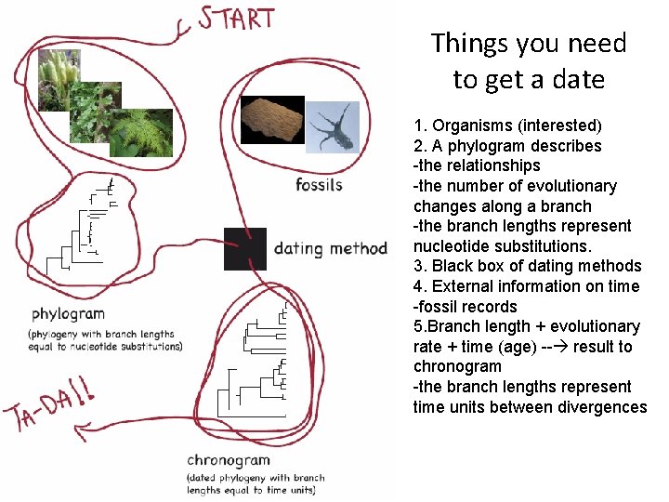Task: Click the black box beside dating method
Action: [x=244, y=248]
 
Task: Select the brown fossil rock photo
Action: [x=272, y=121]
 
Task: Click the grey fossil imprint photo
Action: [x=332, y=127]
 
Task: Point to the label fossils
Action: [x=319, y=184]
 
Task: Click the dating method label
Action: [x=330, y=248]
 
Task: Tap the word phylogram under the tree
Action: [x=68, y=313]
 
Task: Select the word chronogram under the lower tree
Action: [x=229, y=460]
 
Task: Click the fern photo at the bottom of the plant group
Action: [x=140, y=133]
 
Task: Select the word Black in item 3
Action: [x=453, y=266]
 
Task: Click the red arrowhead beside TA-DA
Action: [x=82, y=429]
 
